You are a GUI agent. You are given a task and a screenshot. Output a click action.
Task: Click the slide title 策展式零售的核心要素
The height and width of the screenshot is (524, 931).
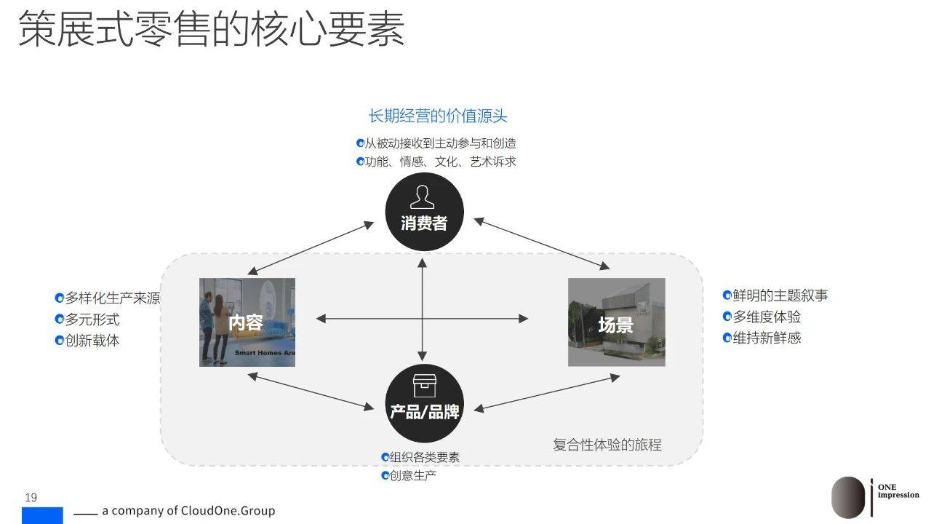[212, 28]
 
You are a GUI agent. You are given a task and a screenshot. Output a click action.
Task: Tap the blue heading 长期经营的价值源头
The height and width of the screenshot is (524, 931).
[438, 116]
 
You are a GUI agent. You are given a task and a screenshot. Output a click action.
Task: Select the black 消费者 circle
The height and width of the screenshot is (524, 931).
[424, 212]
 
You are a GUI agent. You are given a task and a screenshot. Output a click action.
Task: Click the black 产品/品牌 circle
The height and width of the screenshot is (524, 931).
[424, 403]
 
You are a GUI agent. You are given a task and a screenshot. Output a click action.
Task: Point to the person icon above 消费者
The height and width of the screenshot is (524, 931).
[423, 197]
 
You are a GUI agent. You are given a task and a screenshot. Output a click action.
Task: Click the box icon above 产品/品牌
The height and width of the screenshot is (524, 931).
[424, 386]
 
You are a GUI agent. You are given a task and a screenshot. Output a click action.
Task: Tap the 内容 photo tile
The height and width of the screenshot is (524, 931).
[247, 322]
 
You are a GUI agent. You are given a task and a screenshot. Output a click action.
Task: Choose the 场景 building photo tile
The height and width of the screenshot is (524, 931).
[616, 322]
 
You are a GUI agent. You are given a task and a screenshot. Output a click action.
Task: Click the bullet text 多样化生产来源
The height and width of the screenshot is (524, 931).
[113, 298]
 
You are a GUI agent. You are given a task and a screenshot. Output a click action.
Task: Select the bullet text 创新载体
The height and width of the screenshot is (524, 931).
[92, 341]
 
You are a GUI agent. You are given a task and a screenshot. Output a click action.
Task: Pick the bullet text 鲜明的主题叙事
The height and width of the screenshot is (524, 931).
[780, 295]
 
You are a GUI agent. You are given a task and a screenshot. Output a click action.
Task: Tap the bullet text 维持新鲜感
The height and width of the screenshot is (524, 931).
[767, 338]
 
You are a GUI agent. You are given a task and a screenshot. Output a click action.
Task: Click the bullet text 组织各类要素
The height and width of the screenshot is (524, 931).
[424, 457]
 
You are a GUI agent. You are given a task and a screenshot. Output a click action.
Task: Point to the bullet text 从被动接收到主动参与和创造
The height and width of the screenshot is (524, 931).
[440, 143]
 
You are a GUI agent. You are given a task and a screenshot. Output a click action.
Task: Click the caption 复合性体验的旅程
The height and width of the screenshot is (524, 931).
[607, 445]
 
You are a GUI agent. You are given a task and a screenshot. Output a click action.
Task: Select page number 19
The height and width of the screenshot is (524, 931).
[31, 497]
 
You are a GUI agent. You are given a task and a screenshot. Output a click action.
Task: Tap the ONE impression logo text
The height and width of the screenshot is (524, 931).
[898, 491]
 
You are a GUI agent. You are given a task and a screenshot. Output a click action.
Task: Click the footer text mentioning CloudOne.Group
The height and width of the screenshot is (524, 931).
[188, 510]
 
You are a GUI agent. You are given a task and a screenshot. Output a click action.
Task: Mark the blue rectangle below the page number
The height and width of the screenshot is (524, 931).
[42, 515]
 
